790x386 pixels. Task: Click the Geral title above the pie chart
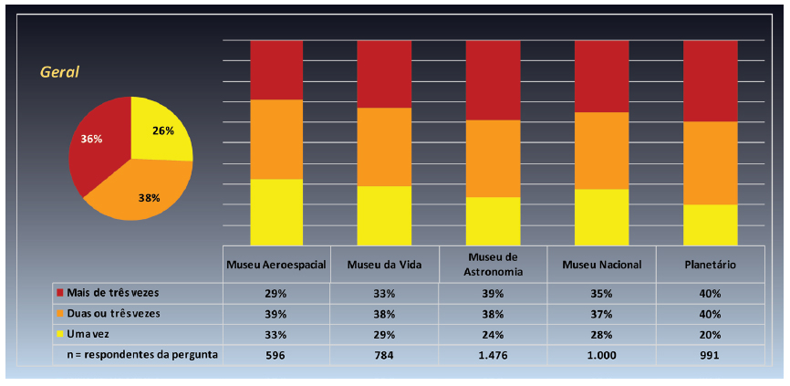click(60, 72)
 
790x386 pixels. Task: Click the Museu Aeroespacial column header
click(276, 265)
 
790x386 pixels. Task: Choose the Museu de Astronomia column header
click(493, 264)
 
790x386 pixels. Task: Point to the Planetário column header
click(710, 265)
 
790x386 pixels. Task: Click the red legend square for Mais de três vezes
click(60, 293)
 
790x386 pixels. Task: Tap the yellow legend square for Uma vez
click(60, 334)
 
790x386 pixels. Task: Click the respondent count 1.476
click(493, 355)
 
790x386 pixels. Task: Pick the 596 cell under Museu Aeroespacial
click(276, 355)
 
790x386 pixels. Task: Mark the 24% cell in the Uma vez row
click(493, 334)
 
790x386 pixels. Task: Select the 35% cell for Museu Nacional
click(601, 293)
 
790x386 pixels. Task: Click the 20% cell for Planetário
click(710, 334)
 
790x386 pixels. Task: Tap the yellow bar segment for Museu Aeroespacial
click(276, 212)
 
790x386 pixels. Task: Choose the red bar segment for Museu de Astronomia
click(493, 80)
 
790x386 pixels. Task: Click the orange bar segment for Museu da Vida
click(383, 147)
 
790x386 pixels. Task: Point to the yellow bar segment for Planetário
click(710, 224)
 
